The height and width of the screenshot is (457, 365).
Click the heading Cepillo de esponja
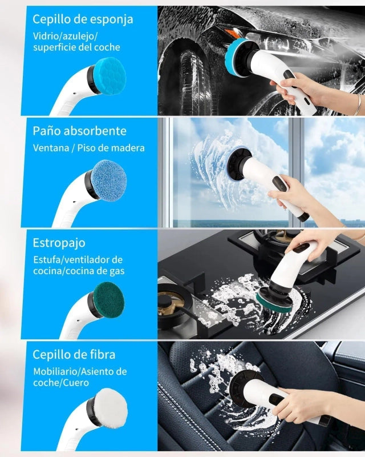(83, 20)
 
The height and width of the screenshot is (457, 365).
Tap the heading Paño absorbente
(79, 131)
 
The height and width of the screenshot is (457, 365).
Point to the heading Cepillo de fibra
(74, 355)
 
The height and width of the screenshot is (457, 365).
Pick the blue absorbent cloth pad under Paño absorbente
(109, 181)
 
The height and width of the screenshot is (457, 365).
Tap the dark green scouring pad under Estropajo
(109, 300)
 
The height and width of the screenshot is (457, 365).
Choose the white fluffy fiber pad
(111, 410)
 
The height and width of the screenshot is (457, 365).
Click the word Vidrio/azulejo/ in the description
(65, 37)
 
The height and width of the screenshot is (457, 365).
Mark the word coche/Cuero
(61, 382)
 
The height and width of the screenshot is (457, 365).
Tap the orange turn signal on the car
(230, 31)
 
